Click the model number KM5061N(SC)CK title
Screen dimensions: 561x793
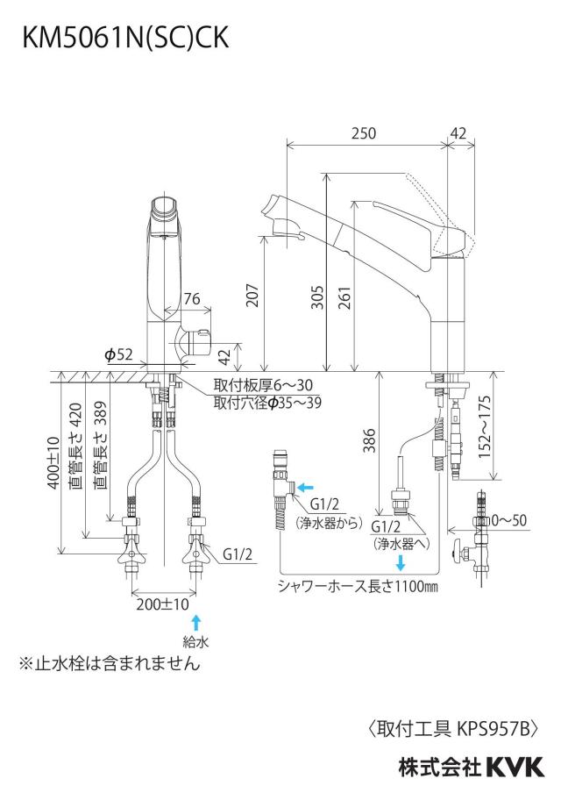click(125, 37)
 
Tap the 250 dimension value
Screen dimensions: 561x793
click(364, 133)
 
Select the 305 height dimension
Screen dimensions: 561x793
click(317, 298)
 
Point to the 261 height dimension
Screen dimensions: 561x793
click(344, 298)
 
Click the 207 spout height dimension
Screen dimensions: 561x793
click(252, 296)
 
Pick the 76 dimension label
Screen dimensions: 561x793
click(192, 299)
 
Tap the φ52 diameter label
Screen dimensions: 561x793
click(118, 354)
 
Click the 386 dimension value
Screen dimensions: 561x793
click(369, 440)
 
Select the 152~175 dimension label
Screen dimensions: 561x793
click(485, 427)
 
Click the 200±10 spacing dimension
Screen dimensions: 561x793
click(162, 604)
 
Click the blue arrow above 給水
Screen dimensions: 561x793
click(196, 622)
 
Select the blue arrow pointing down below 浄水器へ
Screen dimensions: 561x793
click(401, 563)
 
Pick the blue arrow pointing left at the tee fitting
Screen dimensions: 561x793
click(305, 488)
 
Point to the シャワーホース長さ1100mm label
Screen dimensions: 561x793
click(358, 587)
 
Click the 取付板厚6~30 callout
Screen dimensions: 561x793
click(263, 386)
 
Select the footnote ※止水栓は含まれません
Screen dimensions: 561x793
click(110, 663)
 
